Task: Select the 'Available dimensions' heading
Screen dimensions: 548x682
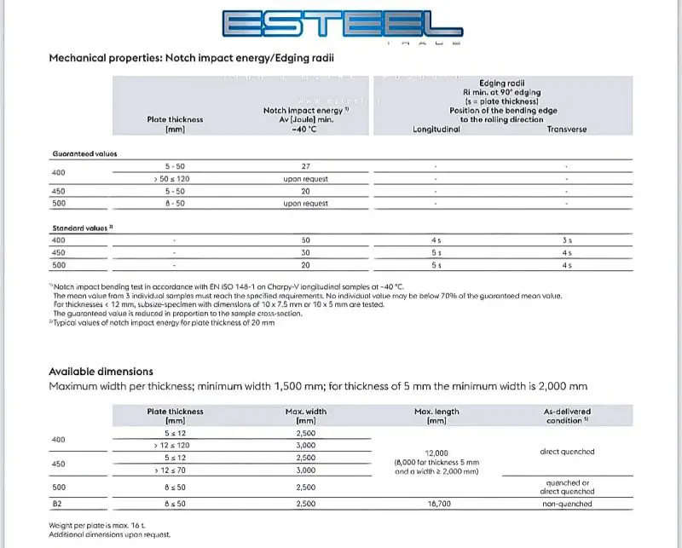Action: (x=101, y=372)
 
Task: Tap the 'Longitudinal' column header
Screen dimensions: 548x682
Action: (x=436, y=130)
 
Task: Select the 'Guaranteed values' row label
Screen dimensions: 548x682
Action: (x=84, y=153)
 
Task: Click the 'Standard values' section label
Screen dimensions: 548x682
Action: (x=84, y=228)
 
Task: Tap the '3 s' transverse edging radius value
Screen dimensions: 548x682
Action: (x=567, y=240)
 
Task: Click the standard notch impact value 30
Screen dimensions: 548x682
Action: (x=306, y=252)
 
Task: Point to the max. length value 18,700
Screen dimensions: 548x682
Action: (x=436, y=505)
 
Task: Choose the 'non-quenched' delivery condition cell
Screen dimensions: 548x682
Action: (x=567, y=505)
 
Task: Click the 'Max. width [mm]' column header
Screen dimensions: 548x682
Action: (x=306, y=416)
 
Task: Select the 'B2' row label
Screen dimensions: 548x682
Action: (x=58, y=505)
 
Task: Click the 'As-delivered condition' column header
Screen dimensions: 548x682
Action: (x=567, y=416)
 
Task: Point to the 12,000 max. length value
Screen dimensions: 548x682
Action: (x=436, y=453)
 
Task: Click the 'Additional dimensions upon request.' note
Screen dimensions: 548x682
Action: (x=110, y=534)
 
